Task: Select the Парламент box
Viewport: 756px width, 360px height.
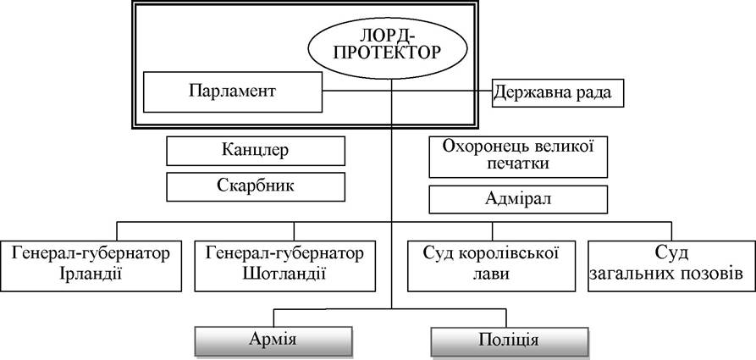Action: point(233,92)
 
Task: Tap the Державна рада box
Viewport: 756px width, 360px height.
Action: point(558,92)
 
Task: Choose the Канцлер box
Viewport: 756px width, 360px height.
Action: point(256,151)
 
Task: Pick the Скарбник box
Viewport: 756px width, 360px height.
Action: point(256,186)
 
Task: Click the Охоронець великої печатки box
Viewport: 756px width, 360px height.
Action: point(518,157)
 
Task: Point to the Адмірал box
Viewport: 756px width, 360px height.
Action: point(518,199)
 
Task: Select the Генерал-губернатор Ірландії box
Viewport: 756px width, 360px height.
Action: point(91,266)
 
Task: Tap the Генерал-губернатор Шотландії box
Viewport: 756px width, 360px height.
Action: point(285,266)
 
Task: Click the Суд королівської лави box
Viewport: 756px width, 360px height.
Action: point(491,266)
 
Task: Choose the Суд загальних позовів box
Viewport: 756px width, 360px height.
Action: point(671,266)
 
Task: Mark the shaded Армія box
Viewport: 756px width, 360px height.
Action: point(273,341)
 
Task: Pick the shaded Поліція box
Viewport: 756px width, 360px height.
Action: point(509,341)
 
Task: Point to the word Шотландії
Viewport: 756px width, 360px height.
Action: point(285,274)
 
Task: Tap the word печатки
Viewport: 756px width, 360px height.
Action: point(518,163)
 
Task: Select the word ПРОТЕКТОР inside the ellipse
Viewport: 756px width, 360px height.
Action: point(387,53)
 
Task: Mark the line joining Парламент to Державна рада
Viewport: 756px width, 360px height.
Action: point(407,91)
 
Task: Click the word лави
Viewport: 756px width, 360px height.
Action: point(490,274)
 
